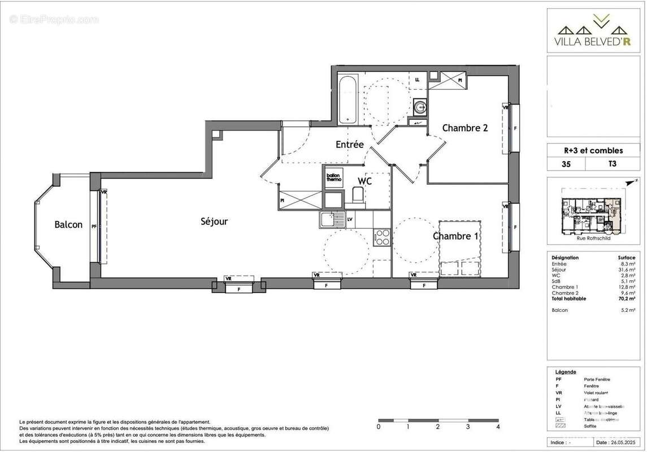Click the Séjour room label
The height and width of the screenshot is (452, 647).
(x=214, y=221)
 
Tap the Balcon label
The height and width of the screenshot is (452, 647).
(x=68, y=225)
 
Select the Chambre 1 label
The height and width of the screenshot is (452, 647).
(x=456, y=236)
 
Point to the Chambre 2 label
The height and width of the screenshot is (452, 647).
(x=464, y=128)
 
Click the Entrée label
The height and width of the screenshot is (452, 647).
(x=349, y=145)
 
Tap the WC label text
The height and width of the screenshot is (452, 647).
(x=364, y=181)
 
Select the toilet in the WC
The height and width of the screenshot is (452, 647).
(x=358, y=195)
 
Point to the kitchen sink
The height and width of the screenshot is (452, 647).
(x=332, y=219)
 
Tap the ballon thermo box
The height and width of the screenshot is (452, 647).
(x=333, y=177)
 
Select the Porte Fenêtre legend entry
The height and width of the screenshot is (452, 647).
(x=597, y=379)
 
